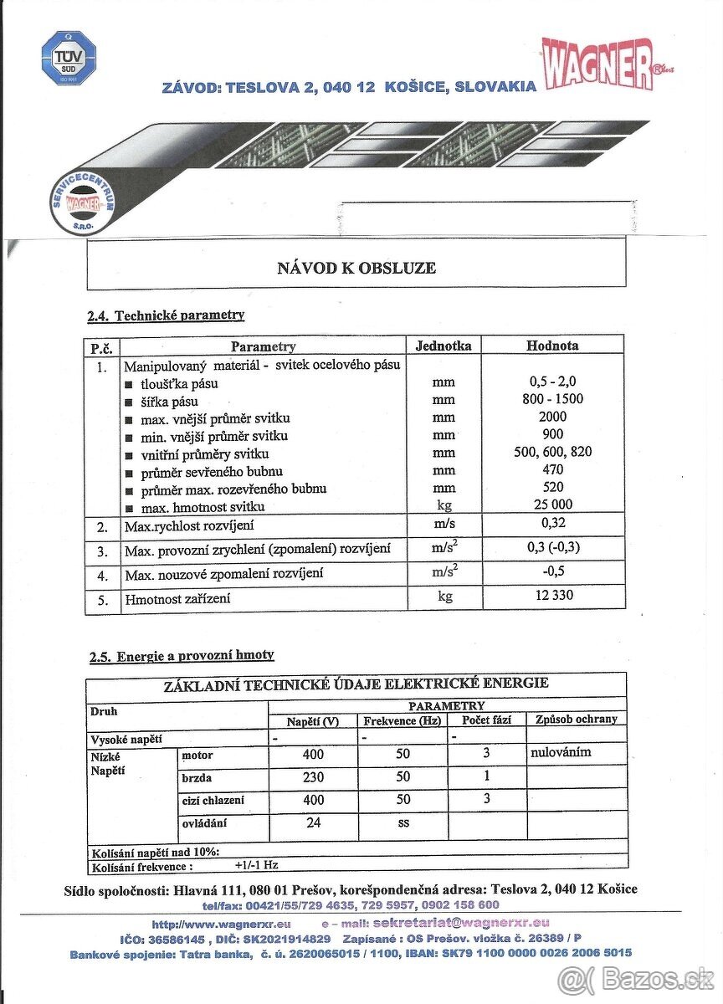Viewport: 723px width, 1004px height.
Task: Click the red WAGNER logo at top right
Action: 598,63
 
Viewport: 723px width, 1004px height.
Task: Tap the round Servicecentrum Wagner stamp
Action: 83,204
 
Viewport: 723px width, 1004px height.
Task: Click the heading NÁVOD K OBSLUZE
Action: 356,268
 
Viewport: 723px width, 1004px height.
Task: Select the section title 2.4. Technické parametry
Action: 166,315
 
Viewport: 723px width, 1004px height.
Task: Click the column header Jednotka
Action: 444,345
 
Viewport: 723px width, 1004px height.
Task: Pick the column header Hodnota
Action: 552,345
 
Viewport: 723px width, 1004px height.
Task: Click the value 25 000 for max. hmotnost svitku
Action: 553,505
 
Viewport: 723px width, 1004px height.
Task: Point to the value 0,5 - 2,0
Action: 553,382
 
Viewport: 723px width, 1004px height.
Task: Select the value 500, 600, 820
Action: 553,452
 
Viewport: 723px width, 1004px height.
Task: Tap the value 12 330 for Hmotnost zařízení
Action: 553,596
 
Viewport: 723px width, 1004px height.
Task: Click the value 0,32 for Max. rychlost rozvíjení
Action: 553,524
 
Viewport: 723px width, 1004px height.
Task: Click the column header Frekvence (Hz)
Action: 402,720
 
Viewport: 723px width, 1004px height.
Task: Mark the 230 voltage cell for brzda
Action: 313,776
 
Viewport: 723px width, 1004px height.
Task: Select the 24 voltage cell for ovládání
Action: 313,822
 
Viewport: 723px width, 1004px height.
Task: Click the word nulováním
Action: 561,752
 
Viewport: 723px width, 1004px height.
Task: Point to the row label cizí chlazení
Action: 213,800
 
